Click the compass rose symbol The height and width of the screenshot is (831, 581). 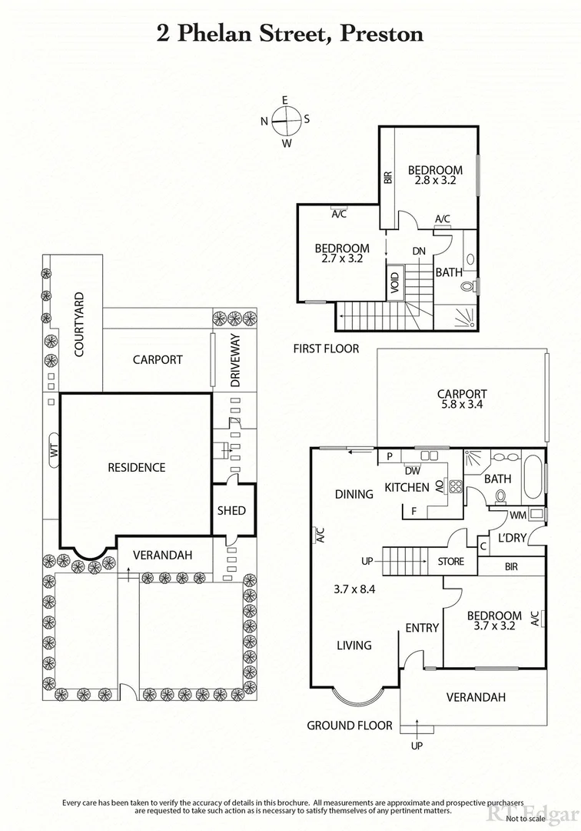tap(285, 121)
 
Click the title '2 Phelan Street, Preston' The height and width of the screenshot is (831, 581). tap(290, 33)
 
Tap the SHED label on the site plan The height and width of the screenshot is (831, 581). tap(231, 510)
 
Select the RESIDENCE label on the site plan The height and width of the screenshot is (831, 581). tap(136, 467)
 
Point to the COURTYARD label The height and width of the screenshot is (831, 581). tap(78, 325)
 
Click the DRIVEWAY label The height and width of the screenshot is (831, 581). tap(236, 360)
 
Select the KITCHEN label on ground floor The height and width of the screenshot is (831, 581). tap(407, 487)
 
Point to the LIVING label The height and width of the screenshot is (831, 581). tap(354, 646)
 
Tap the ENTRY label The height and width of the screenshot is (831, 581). tap(422, 629)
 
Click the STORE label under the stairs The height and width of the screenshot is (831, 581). tap(451, 562)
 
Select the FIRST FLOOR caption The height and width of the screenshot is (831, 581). tap(326, 349)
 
